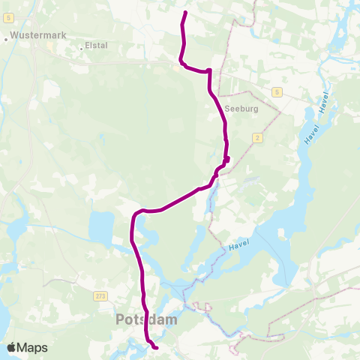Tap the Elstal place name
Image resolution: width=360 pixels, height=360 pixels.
[96, 45]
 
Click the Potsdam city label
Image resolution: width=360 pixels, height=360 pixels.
[146, 320]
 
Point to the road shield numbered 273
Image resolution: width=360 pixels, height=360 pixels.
[101, 296]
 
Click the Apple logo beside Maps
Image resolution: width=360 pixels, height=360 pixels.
[12, 347]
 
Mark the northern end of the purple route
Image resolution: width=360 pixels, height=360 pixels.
[185, 13]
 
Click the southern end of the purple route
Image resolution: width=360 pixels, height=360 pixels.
[155, 348]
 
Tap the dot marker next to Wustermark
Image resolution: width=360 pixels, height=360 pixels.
[7, 35]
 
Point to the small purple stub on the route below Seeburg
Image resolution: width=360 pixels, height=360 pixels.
[226, 158]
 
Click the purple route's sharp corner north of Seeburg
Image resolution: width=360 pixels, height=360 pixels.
[209, 70]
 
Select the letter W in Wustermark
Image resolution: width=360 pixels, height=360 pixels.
[15, 34]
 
